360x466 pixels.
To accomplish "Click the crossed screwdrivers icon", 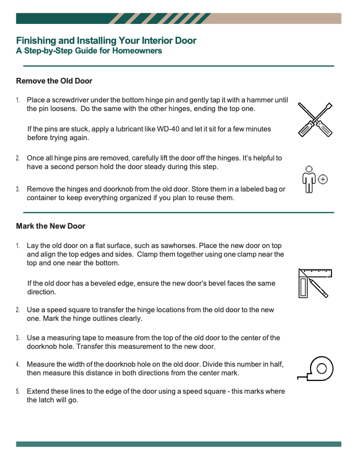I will (x=315, y=120).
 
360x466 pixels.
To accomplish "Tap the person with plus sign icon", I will (x=314, y=180).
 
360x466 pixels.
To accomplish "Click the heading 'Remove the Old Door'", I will (x=54, y=81).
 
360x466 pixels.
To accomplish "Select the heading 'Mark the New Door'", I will (x=50, y=226).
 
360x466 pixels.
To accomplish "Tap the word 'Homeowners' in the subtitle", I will (x=139, y=51).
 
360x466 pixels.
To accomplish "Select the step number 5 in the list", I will (x=18, y=392).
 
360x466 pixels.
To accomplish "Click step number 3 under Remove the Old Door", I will (x=18, y=189).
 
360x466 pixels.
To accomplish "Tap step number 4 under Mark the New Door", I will (x=18, y=365).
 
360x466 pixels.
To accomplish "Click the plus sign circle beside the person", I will (x=323, y=179).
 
